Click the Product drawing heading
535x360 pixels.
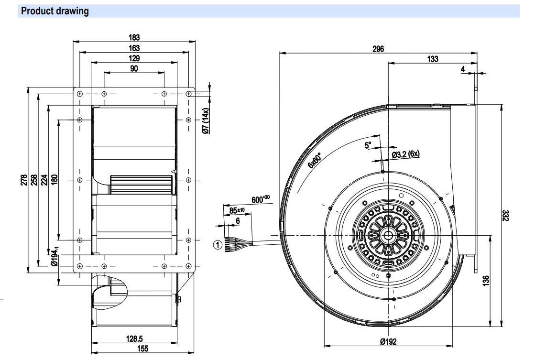pos(55,11)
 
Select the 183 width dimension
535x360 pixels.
pos(134,37)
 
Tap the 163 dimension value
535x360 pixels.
pos(134,48)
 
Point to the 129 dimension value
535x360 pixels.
pos(134,58)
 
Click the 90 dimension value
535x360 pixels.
pos(134,69)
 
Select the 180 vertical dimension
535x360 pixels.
pos(54,180)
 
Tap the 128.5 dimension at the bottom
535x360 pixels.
pos(135,339)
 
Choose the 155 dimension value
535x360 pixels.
pos(142,349)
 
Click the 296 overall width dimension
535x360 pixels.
pos(378,48)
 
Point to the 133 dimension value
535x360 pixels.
pos(432,59)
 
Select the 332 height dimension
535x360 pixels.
pos(506,215)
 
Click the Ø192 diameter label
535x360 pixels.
pos(388,341)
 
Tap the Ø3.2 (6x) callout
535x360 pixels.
pos(405,154)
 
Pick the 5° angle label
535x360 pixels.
pos(368,145)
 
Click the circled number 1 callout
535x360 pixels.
pos(217,245)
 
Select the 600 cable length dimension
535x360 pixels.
pos(260,199)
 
